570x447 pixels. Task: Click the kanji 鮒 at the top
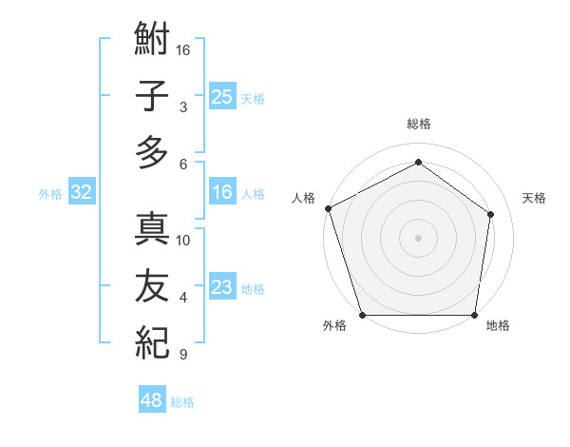152,42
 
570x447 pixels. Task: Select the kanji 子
152,97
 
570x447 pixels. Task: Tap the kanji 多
152,152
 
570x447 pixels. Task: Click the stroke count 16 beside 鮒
183,49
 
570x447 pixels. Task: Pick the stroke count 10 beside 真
183,240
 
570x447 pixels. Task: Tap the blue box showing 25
222,96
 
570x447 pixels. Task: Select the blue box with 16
222,193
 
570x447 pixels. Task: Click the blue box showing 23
222,287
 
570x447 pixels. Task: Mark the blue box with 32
81,193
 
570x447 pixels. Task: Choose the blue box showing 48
152,400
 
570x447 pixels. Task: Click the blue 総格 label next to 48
182,402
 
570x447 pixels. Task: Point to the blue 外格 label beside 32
50,194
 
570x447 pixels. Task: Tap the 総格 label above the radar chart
419,124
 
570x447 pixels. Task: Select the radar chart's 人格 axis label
304,198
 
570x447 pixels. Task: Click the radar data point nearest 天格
491,214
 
